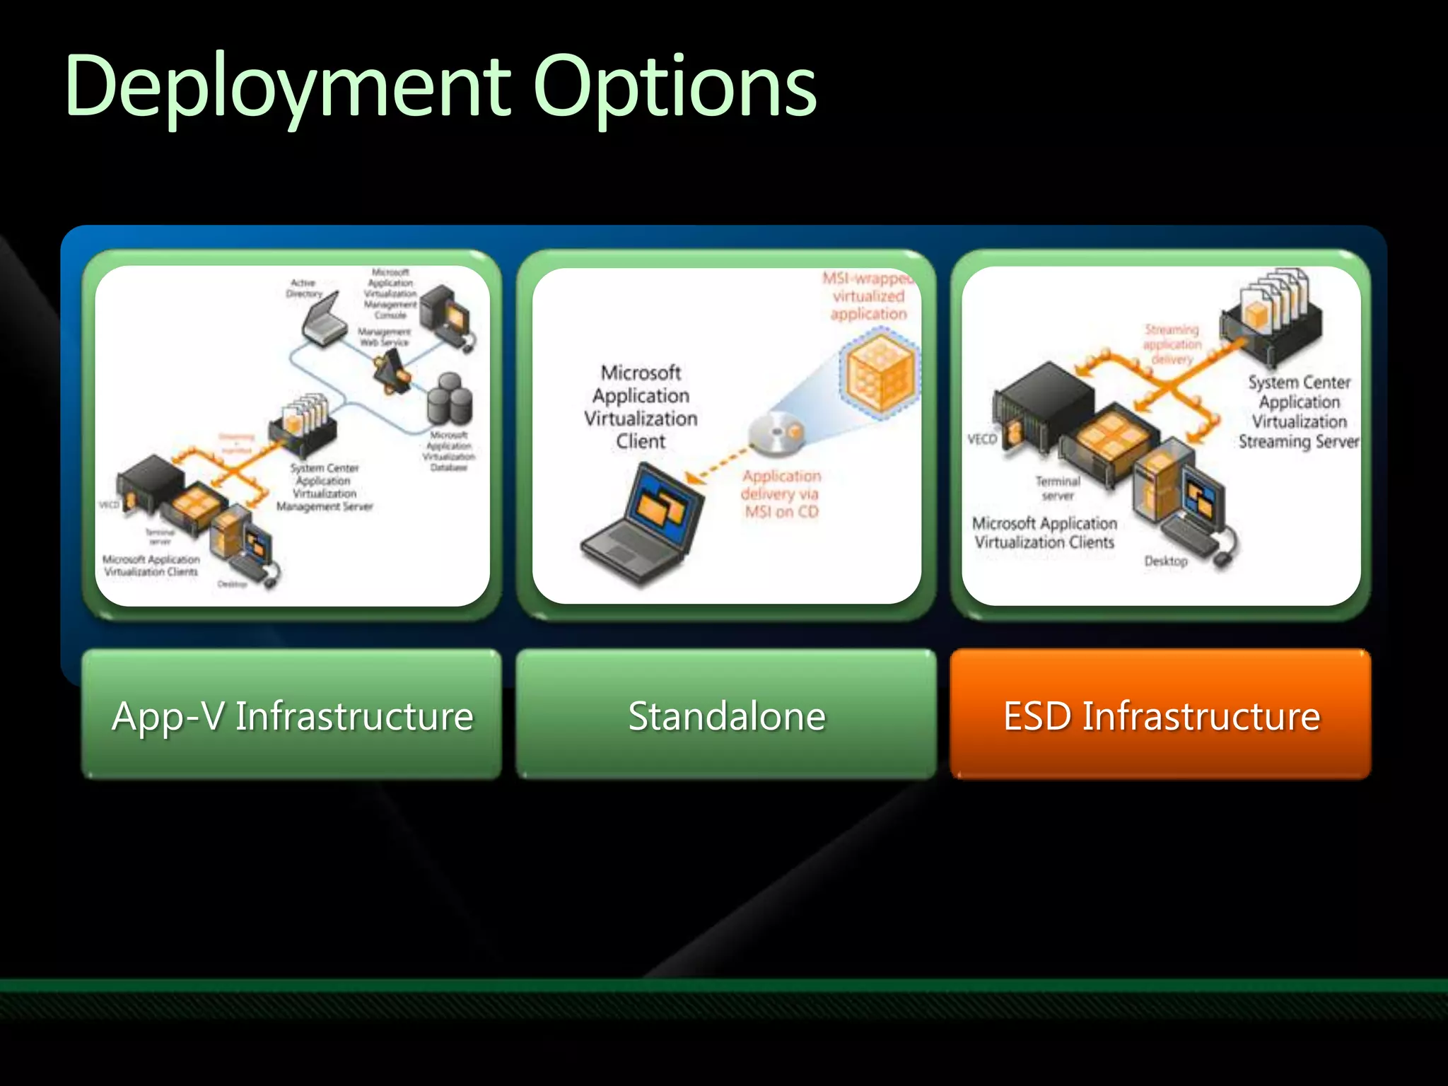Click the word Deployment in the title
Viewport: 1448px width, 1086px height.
click(286, 88)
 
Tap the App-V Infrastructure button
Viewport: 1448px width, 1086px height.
click(292, 715)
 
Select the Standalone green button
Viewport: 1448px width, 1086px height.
click(726, 715)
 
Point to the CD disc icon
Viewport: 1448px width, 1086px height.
click(776, 431)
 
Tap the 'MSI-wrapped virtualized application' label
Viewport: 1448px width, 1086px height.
click(868, 296)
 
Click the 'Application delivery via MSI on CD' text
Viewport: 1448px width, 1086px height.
click(781, 494)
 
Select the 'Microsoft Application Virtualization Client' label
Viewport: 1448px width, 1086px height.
click(641, 407)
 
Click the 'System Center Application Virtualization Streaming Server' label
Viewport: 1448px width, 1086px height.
click(1299, 411)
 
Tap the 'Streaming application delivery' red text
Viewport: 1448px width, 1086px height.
click(1172, 344)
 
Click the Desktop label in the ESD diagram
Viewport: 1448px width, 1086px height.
click(1166, 561)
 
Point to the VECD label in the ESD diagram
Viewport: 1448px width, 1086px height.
click(981, 439)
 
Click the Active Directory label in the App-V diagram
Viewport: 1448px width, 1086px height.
click(304, 288)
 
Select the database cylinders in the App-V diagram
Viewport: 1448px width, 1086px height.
click(450, 400)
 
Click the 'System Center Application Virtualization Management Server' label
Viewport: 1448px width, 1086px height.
click(324, 487)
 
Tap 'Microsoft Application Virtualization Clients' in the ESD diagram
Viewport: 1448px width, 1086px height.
click(1044, 532)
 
